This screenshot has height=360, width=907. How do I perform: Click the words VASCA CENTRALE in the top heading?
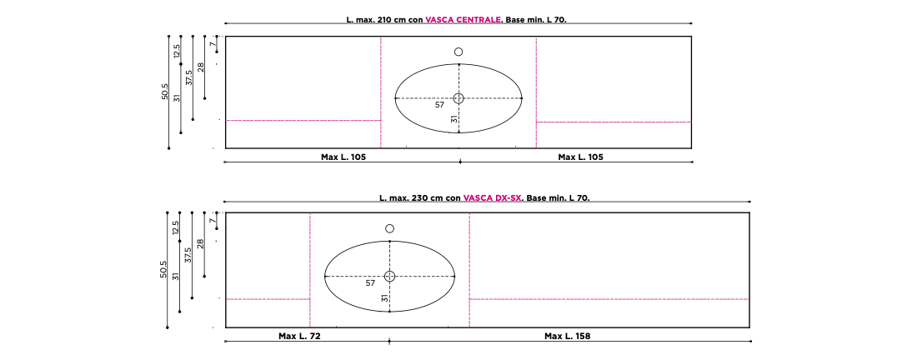[464, 19]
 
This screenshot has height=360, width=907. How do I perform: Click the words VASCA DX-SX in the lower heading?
[492, 197]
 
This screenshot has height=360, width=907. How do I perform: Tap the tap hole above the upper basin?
[459, 52]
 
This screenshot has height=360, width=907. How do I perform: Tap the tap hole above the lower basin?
[390, 229]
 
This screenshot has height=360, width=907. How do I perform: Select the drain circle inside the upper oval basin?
[459, 98]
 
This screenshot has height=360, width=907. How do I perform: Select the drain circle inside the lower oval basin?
[390, 276]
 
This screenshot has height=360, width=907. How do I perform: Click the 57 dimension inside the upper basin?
[439, 105]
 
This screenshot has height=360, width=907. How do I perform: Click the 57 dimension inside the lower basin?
[370, 283]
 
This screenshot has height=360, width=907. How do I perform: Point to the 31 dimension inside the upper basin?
[454, 118]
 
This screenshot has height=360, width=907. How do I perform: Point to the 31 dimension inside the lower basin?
[384, 298]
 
